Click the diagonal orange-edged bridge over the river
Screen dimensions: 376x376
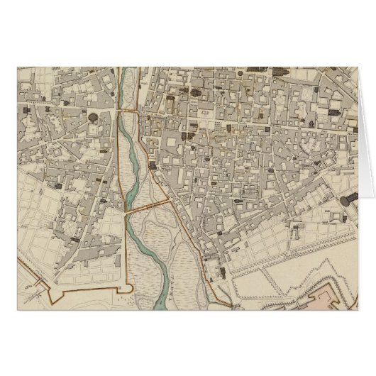point(146,206)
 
